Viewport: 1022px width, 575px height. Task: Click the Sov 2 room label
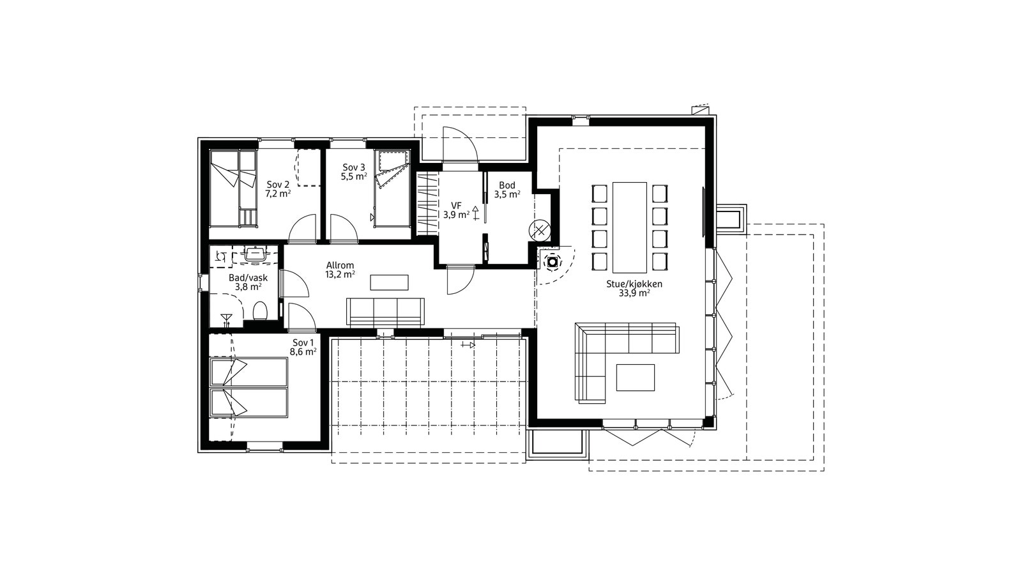pyautogui.click(x=278, y=189)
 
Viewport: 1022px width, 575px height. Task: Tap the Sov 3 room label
pyautogui.click(x=354, y=172)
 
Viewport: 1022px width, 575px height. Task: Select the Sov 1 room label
pyautogui.click(x=303, y=347)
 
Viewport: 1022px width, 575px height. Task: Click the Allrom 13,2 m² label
pyautogui.click(x=340, y=270)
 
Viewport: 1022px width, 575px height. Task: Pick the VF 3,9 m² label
pyautogui.click(x=456, y=210)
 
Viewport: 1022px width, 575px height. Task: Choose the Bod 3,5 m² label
pyautogui.click(x=507, y=189)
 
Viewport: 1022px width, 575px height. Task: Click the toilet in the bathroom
pyautogui.click(x=260, y=310)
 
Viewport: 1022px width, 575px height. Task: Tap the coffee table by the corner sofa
pyautogui.click(x=636, y=378)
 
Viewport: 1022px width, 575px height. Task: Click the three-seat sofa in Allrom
pyautogui.click(x=385, y=312)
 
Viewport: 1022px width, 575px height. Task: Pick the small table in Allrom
pyautogui.click(x=389, y=282)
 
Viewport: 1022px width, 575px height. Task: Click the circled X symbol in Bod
pyautogui.click(x=539, y=231)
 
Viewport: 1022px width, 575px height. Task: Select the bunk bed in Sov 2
pyautogui.click(x=233, y=188)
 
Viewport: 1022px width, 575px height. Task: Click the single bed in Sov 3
pyautogui.click(x=392, y=188)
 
